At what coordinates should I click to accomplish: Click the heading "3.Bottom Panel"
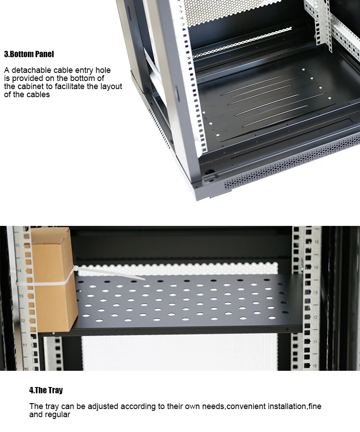[x=29, y=54]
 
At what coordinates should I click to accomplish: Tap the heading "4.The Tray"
[x=46, y=390]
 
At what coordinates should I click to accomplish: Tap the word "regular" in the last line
[x=57, y=414]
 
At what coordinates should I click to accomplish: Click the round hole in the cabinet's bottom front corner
[x=208, y=171]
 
